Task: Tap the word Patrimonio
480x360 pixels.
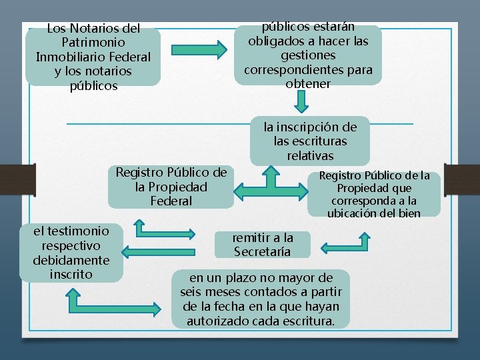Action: (93, 43)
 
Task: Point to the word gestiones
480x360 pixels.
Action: (308, 55)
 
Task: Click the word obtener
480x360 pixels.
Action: (308, 84)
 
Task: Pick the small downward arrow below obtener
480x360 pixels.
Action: (302, 101)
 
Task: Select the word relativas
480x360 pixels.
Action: (310, 156)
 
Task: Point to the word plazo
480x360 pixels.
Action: (242, 277)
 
